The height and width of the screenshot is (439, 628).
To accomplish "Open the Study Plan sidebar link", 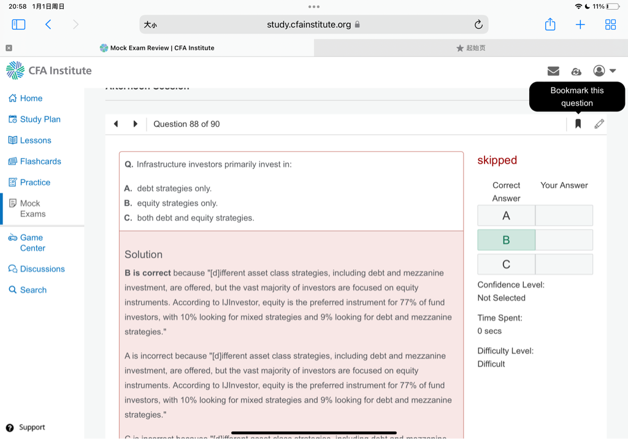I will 40,119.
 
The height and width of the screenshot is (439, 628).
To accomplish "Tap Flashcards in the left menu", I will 40,161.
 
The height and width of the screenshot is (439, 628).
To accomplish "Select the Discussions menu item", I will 42,269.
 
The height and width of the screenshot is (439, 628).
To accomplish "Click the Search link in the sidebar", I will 33,290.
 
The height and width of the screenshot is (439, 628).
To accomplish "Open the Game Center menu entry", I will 32,243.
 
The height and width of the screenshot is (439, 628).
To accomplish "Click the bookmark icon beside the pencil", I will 578,124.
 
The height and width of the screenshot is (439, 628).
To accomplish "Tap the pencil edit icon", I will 599,124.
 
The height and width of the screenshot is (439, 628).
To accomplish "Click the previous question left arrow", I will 116,124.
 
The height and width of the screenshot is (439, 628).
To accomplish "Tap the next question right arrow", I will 135,124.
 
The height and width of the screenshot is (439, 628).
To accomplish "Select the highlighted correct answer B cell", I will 506,240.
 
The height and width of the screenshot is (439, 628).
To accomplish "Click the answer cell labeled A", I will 506,215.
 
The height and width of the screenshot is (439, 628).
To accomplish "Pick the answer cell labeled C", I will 506,264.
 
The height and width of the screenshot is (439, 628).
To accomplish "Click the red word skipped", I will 497,160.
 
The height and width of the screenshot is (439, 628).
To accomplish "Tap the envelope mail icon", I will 553,71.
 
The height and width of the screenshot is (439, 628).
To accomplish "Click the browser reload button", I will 478,25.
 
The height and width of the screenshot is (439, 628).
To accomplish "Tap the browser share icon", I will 550,25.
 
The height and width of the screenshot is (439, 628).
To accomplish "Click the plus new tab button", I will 580,25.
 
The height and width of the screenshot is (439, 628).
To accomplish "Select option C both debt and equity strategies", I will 195,218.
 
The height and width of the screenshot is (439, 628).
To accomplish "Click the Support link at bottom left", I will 31,427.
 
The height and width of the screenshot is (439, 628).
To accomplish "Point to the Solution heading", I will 144,254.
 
